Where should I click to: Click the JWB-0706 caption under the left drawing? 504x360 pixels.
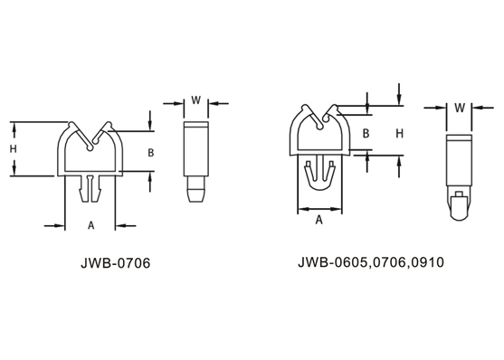tap(116, 263)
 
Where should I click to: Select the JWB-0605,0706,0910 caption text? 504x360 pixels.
tap(371, 262)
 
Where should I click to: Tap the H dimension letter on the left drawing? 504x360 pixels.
tap(14, 149)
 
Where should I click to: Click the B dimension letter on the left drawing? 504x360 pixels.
tap(151, 153)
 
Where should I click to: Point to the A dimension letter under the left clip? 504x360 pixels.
tap(91, 225)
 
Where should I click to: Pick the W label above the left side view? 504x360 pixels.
tap(196, 100)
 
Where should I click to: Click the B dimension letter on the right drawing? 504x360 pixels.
tap(366, 133)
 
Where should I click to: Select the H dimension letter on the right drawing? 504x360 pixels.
tap(400, 133)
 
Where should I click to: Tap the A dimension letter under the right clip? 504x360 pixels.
tap(319, 220)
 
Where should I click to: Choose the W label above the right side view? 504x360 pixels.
tap(460, 108)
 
